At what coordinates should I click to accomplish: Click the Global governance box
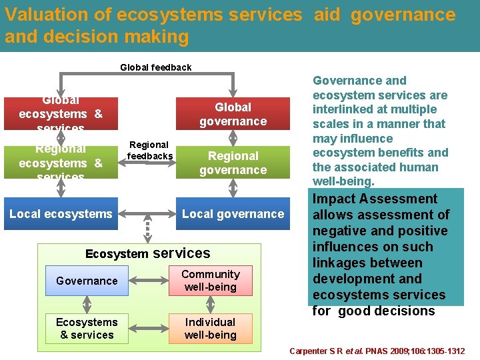pos(233,114)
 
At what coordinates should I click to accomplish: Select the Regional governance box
pos(233,163)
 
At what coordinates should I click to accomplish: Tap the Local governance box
pos(233,214)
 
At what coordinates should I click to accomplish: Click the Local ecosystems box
pos(61,214)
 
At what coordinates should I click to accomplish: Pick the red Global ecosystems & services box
pos(61,114)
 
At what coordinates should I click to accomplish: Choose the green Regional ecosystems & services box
pos(61,163)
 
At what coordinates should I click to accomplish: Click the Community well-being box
pos(210,281)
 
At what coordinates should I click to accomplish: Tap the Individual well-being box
pos(210,329)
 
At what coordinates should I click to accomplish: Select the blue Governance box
pos(87,281)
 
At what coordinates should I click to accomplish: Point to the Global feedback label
pos(155,67)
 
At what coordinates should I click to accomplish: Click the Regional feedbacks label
pos(149,150)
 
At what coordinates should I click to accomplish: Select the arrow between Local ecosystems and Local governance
pos(147,214)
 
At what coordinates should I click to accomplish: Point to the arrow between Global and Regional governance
pos(233,137)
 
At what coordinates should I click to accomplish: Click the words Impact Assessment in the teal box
pos(375,199)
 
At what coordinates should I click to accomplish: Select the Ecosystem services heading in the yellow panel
pos(147,253)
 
